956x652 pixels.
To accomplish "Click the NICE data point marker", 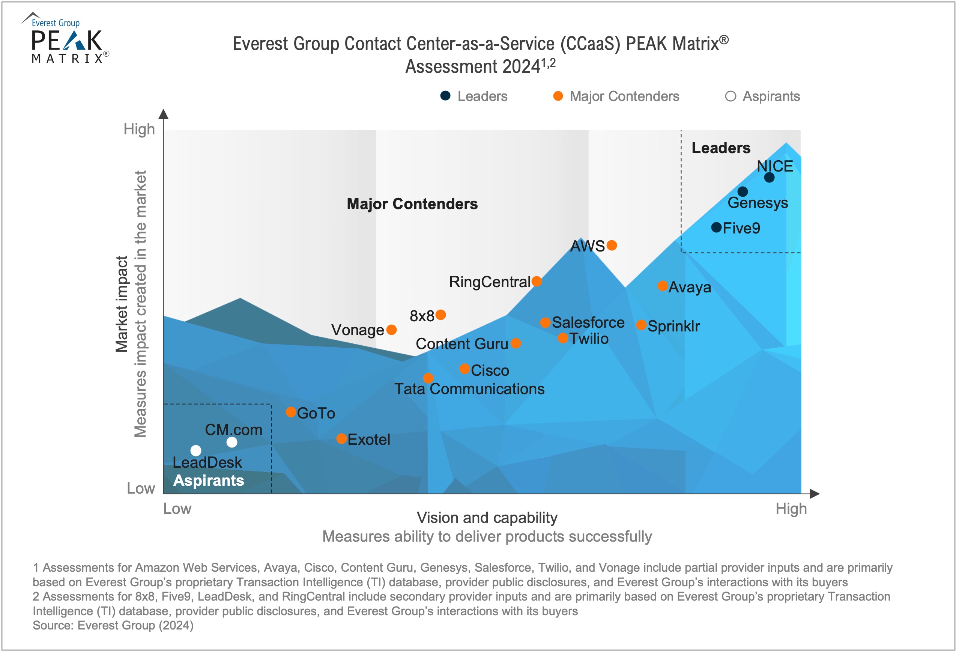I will coord(769,178).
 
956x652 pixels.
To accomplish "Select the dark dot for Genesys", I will coord(742,191).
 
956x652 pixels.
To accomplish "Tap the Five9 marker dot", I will coord(716,227).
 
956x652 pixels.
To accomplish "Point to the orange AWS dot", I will coord(612,245).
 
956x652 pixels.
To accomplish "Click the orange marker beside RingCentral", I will coord(537,281).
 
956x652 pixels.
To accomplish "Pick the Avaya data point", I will coord(662,286).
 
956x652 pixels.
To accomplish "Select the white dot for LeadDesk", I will coord(196,451).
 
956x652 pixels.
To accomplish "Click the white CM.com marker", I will coord(232,442).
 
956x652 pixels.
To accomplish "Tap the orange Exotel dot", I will coord(341,438).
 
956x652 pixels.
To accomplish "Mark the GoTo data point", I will coord(291,412).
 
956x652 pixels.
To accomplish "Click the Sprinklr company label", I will coord(673,326).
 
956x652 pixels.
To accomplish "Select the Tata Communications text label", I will coord(469,389).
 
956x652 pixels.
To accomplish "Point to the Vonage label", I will coord(358,330).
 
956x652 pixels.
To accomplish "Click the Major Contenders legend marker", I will coord(558,96).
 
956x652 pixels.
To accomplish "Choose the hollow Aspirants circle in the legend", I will coord(730,96).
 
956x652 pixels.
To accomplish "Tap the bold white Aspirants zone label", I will coord(209,480).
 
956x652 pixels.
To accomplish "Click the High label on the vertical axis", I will coord(139,129).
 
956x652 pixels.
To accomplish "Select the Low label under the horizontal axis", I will coord(177,509).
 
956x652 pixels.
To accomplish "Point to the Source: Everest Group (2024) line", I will coord(113,625).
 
